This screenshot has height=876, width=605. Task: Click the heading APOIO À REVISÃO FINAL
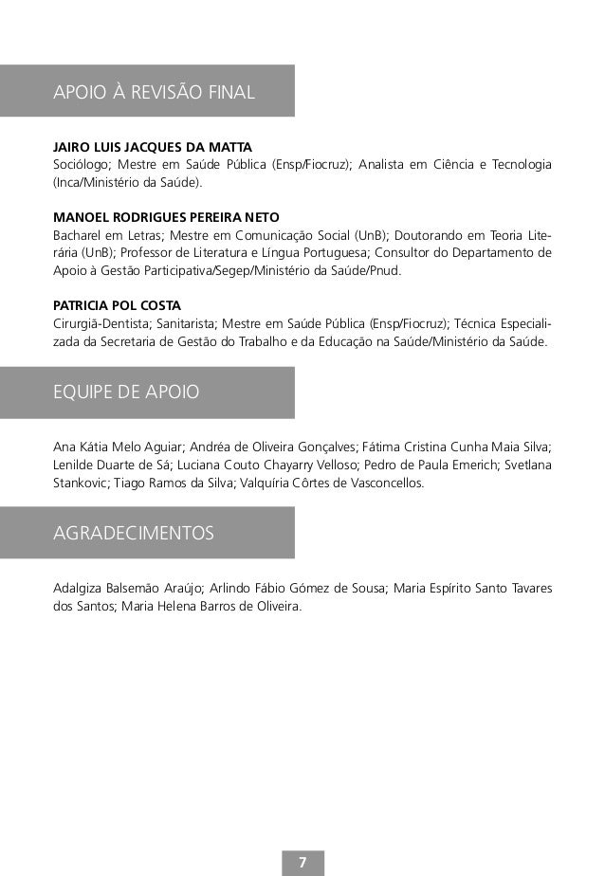[154, 92]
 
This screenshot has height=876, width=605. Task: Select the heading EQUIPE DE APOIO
[126, 392]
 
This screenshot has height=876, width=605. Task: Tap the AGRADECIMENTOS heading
[134, 534]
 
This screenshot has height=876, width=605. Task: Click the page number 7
[302, 862]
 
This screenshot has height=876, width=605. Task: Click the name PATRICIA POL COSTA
[118, 305]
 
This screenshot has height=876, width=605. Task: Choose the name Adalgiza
[81, 588]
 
